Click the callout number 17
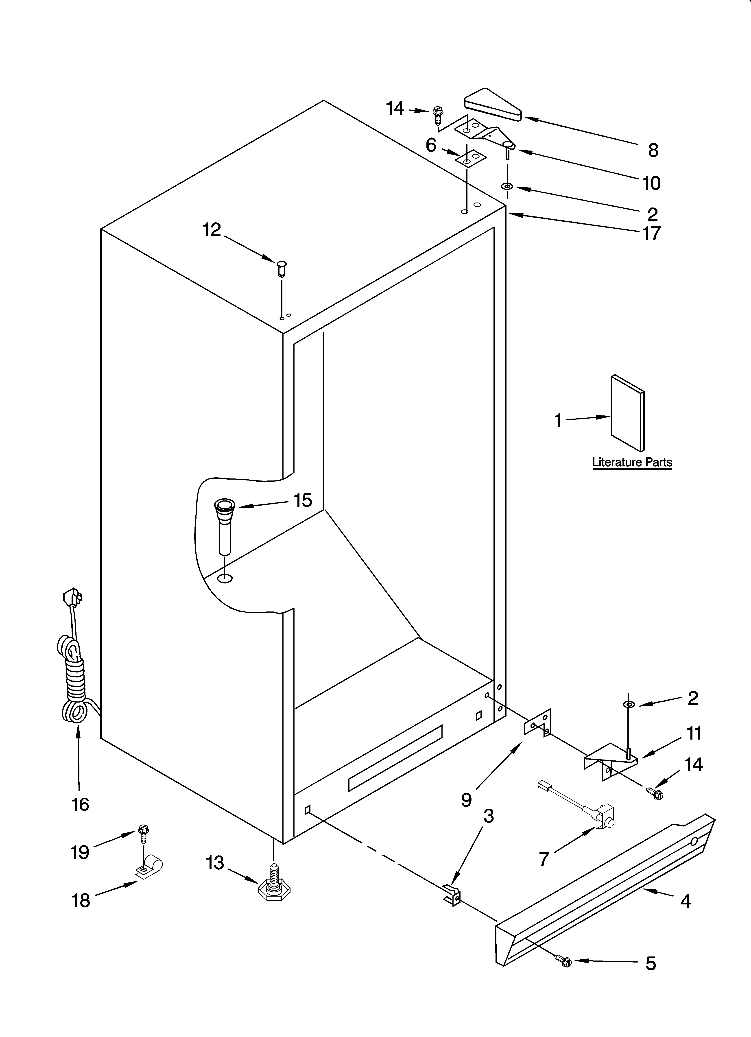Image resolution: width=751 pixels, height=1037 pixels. click(x=651, y=233)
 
